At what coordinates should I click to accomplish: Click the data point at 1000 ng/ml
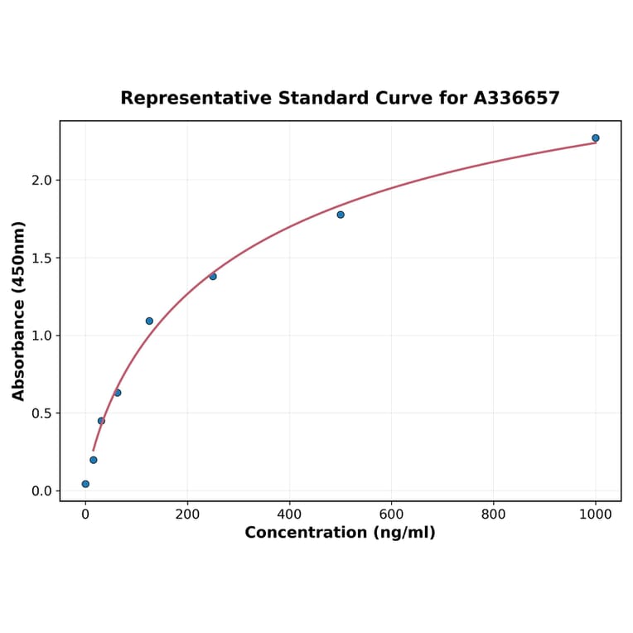pos(595,138)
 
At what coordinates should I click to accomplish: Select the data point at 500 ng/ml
pos(341,215)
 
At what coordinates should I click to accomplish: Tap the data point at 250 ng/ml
pos(213,276)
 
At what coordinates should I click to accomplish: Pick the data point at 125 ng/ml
pos(149,321)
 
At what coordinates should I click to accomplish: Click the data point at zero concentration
pos(85,484)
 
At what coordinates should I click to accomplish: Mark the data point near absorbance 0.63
pos(118,393)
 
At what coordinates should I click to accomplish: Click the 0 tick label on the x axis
pos(85,514)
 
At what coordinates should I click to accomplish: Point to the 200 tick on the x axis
pos(187,514)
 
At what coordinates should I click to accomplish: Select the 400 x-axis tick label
pos(289,514)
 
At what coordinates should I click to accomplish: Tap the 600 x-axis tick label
pos(391,514)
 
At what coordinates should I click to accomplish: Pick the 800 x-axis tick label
pos(494,514)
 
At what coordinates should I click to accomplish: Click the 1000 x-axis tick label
pos(596,514)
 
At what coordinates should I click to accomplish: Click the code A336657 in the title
pos(516,99)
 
